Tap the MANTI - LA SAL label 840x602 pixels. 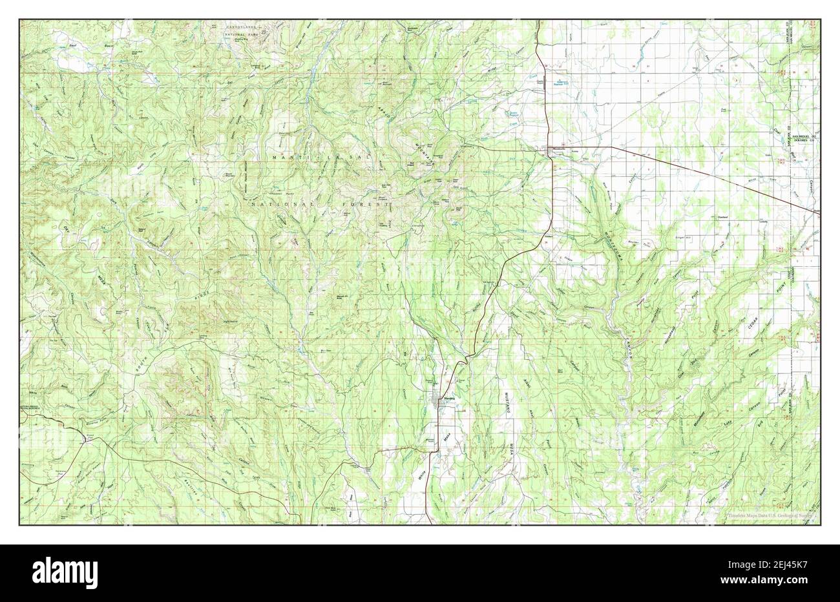(x=316, y=158)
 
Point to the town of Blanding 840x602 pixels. (x=446, y=401)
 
